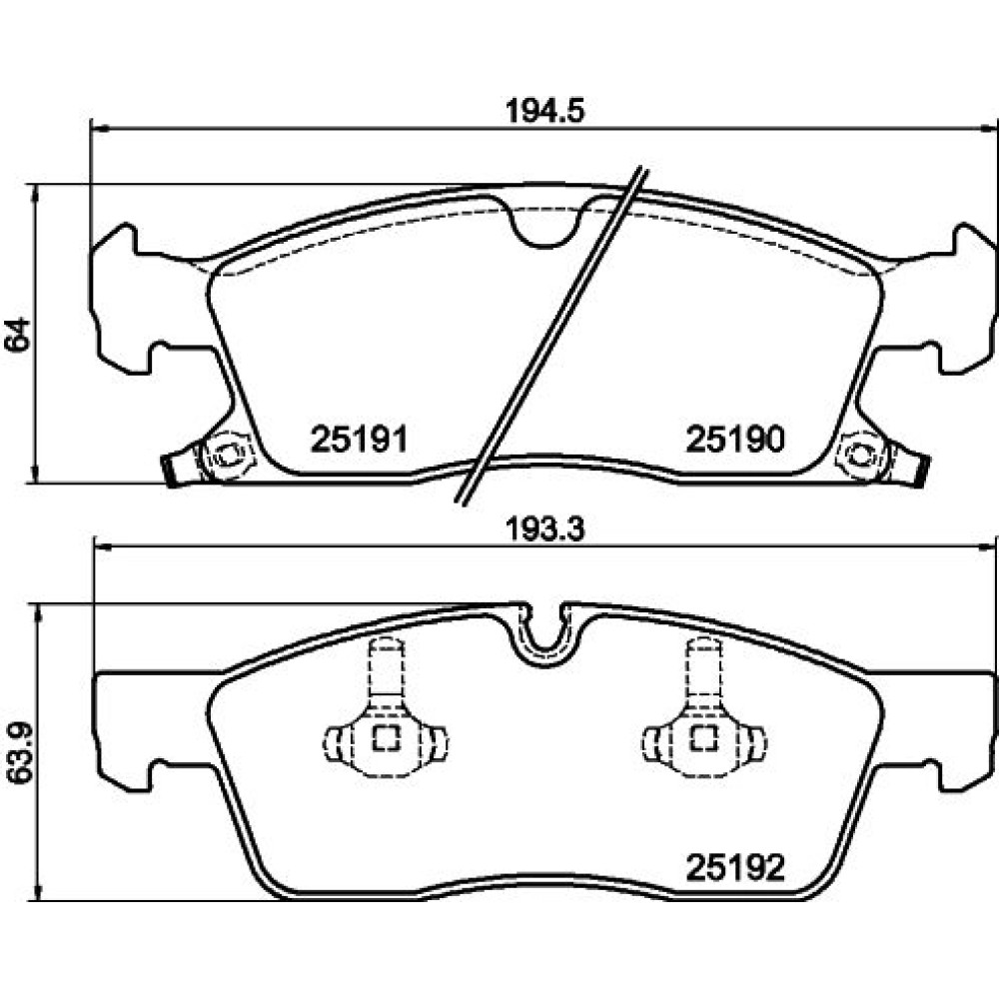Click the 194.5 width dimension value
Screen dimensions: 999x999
[544, 112]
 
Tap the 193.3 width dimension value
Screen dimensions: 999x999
[544, 528]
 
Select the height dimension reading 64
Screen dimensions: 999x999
[17, 334]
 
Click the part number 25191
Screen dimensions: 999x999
[359, 440]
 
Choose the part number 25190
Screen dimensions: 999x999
[735, 440]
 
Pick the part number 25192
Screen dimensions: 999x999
[735, 867]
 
